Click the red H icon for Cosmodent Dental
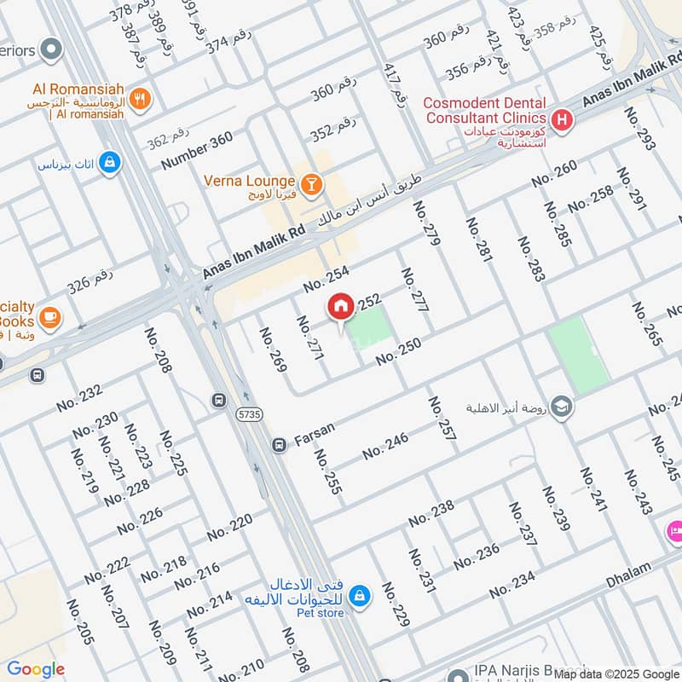[562, 120]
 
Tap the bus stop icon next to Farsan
[279, 445]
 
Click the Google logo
[35, 669]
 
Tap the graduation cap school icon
[561, 407]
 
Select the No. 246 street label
[385, 446]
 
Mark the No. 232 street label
[79, 397]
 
